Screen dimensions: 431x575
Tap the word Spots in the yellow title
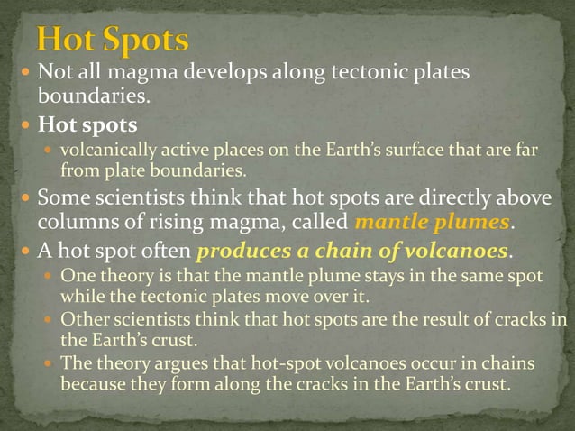tap(145, 41)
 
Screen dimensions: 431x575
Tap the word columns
tap(71, 222)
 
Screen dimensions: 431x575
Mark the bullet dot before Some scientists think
tap(25, 198)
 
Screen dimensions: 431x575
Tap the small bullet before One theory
tap(50, 277)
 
